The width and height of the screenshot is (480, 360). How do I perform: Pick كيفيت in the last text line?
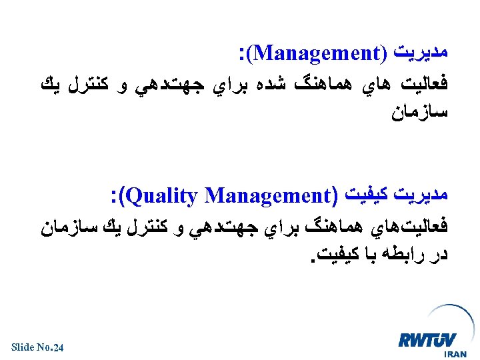pos(340,254)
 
